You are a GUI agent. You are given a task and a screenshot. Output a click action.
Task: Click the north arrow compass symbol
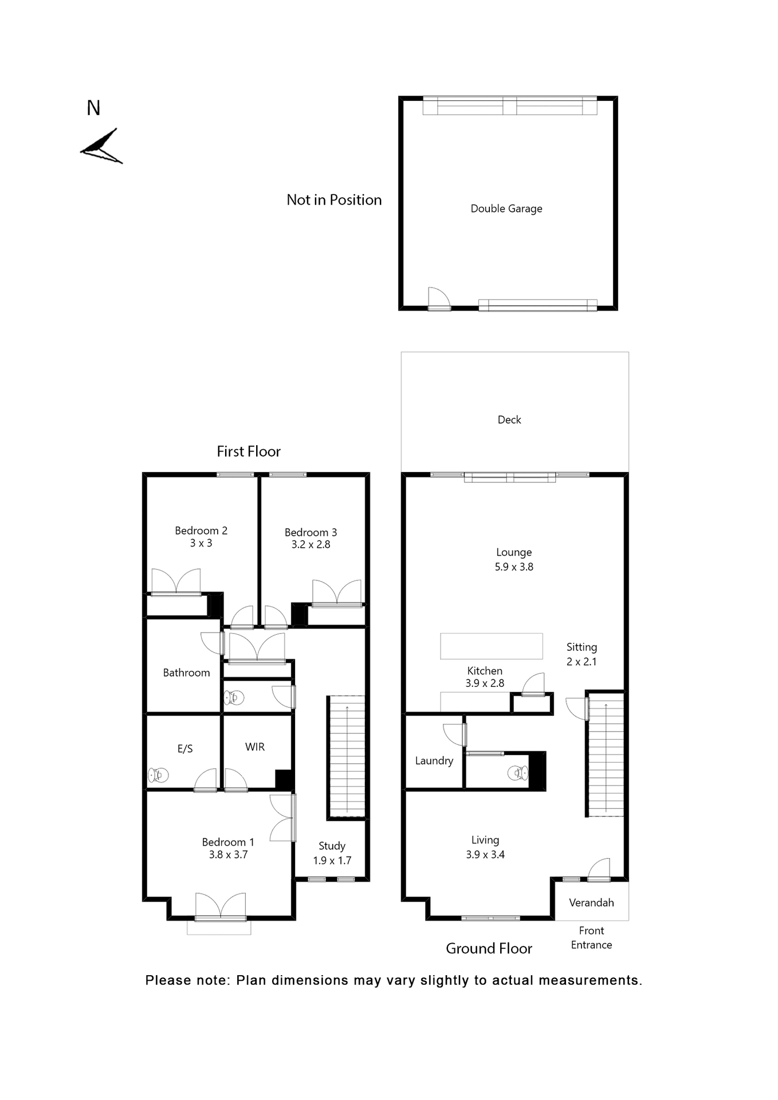(x=101, y=147)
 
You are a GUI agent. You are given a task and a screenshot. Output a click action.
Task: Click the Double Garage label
(x=506, y=209)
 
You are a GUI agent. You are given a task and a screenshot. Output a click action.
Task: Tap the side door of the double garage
(x=438, y=298)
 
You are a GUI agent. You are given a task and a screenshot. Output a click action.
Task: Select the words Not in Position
(x=334, y=200)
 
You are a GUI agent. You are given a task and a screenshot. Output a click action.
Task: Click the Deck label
(x=509, y=420)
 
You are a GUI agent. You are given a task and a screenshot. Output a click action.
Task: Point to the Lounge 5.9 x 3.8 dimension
(x=514, y=567)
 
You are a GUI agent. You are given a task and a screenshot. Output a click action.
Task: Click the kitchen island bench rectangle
(x=491, y=646)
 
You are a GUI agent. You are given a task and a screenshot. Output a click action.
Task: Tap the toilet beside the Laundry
(x=518, y=773)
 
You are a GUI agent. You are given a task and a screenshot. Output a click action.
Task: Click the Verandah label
(x=591, y=903)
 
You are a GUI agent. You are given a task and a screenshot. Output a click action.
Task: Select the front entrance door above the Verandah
(x=599, y=870)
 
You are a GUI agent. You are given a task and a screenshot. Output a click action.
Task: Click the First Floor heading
(x=249, y=451)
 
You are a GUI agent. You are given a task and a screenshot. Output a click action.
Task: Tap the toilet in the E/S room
(x=158, y=775)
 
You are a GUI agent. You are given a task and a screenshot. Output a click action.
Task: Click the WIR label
(x=255, y=747)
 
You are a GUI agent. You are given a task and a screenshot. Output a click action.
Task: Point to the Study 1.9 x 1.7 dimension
(x=332, y=861)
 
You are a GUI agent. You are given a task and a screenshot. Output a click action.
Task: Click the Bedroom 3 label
(x=311, y=532)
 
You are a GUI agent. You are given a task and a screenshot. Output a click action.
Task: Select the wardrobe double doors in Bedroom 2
(x=176, y=582)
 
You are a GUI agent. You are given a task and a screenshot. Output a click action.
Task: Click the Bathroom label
(x=186, y=673)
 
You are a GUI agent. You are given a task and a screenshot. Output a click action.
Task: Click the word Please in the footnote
(x=167, y=981)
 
